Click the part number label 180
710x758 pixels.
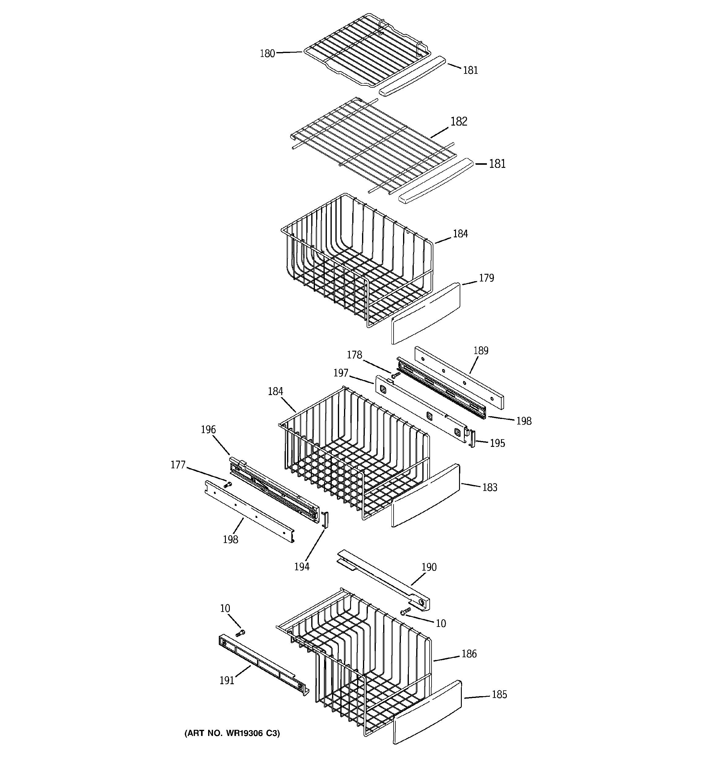click(267, 53)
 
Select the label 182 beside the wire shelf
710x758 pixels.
click(458, 122)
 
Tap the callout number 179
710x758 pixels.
click(486, 278)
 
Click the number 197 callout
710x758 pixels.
click(341, 373)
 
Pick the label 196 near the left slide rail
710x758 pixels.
click(208, 430)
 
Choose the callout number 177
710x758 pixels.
click(177, 465)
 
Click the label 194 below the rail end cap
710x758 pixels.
click(301, 567)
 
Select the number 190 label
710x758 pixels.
click(429, 568)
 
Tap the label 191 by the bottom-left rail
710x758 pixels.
click(226, 681)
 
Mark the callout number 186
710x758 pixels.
click(469, 654)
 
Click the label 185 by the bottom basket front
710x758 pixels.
click(499, 695)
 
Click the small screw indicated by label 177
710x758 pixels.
click(228, 485)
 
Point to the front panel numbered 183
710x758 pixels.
click(425, 496)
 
